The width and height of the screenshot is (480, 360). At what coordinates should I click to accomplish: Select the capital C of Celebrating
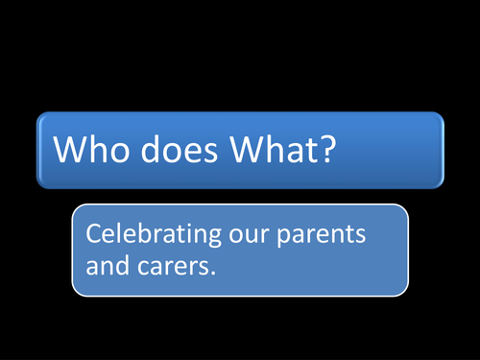(x=94, y=233)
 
